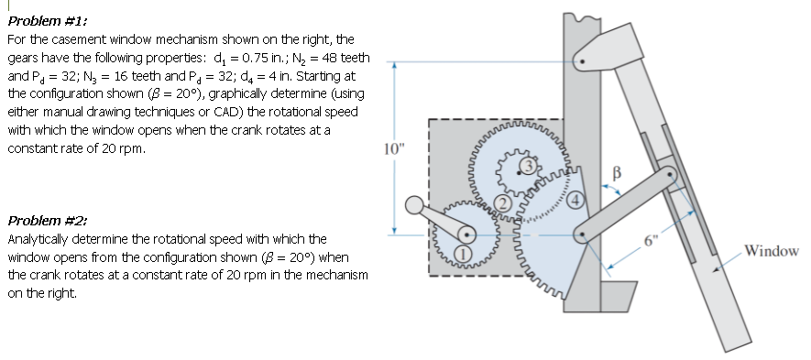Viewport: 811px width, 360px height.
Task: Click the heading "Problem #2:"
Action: point(37,221)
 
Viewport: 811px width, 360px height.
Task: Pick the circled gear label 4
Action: point(574,200)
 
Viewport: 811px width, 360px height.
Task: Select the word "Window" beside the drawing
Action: point(772,251)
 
